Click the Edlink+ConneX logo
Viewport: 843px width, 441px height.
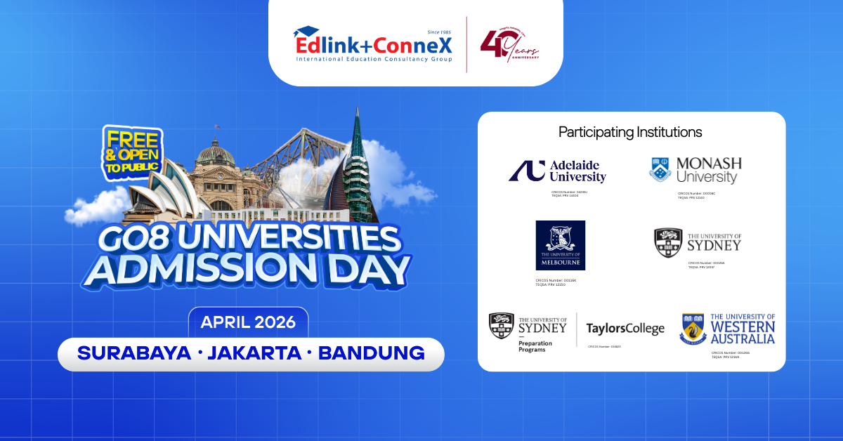373,44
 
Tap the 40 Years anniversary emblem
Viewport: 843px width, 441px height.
509,46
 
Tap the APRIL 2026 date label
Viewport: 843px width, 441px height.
248,323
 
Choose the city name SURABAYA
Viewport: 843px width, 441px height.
134,353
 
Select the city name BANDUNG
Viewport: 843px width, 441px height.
372,353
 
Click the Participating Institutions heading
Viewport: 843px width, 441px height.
630,132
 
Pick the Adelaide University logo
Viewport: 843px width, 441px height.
557,171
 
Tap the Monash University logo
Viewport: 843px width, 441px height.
695,171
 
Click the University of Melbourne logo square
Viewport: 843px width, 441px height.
560,245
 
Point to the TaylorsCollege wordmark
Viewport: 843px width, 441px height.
625,329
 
